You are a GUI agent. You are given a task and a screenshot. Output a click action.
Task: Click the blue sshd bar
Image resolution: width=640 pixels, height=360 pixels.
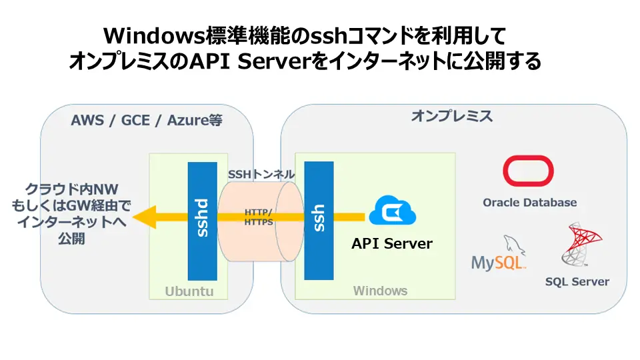pos(202,220)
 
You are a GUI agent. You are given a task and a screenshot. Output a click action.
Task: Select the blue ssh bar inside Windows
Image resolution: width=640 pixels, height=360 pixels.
pos(319,220)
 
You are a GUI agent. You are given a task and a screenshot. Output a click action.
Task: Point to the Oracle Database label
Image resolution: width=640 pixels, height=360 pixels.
pos(530,202)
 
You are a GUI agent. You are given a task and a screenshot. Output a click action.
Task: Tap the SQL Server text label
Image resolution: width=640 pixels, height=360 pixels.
pos(577,281)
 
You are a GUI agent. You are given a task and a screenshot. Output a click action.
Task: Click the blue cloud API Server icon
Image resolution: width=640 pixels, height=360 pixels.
pos(392,211)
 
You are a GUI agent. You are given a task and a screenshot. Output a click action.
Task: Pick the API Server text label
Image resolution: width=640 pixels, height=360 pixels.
pos(392,243)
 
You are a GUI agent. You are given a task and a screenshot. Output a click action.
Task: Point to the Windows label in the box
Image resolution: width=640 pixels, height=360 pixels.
pos(380,291)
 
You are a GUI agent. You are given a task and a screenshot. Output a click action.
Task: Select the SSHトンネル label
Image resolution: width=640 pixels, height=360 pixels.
pos(261,174)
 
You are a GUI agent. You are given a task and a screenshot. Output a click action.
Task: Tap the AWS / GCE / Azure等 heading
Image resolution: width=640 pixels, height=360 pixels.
pos(146,121)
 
